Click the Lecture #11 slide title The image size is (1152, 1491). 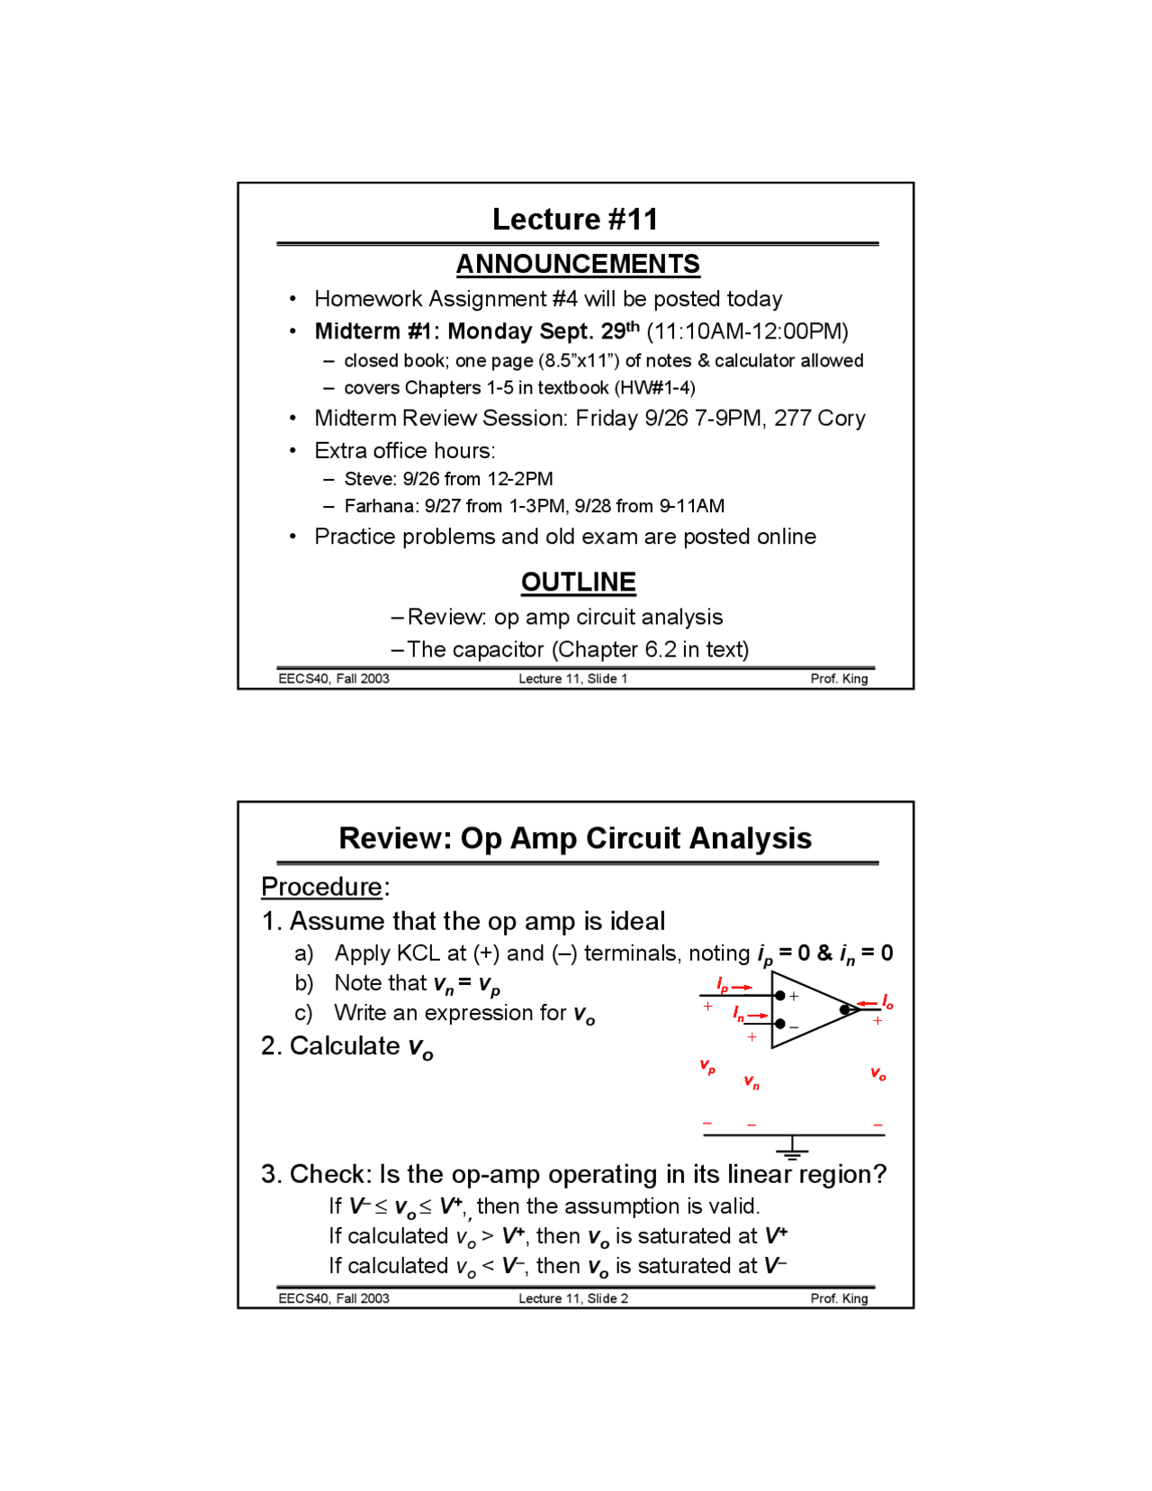point(574,219)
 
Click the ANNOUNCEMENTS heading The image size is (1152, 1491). point(577,264)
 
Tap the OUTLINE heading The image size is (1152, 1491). point(578,582)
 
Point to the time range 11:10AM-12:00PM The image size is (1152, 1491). point(747,331)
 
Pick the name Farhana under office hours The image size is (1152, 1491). point(378,506)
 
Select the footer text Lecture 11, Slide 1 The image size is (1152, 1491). point(572,679)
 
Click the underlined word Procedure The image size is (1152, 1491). point(321,887)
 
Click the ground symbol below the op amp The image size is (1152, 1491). point(792,1147)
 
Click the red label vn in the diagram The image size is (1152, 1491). point(751,1081)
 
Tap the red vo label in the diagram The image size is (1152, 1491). point(877,1073)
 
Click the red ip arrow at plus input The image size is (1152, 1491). point(733,986)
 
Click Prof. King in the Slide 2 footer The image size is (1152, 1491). point(839,1298)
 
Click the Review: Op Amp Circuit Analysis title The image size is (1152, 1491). point(574,838)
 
